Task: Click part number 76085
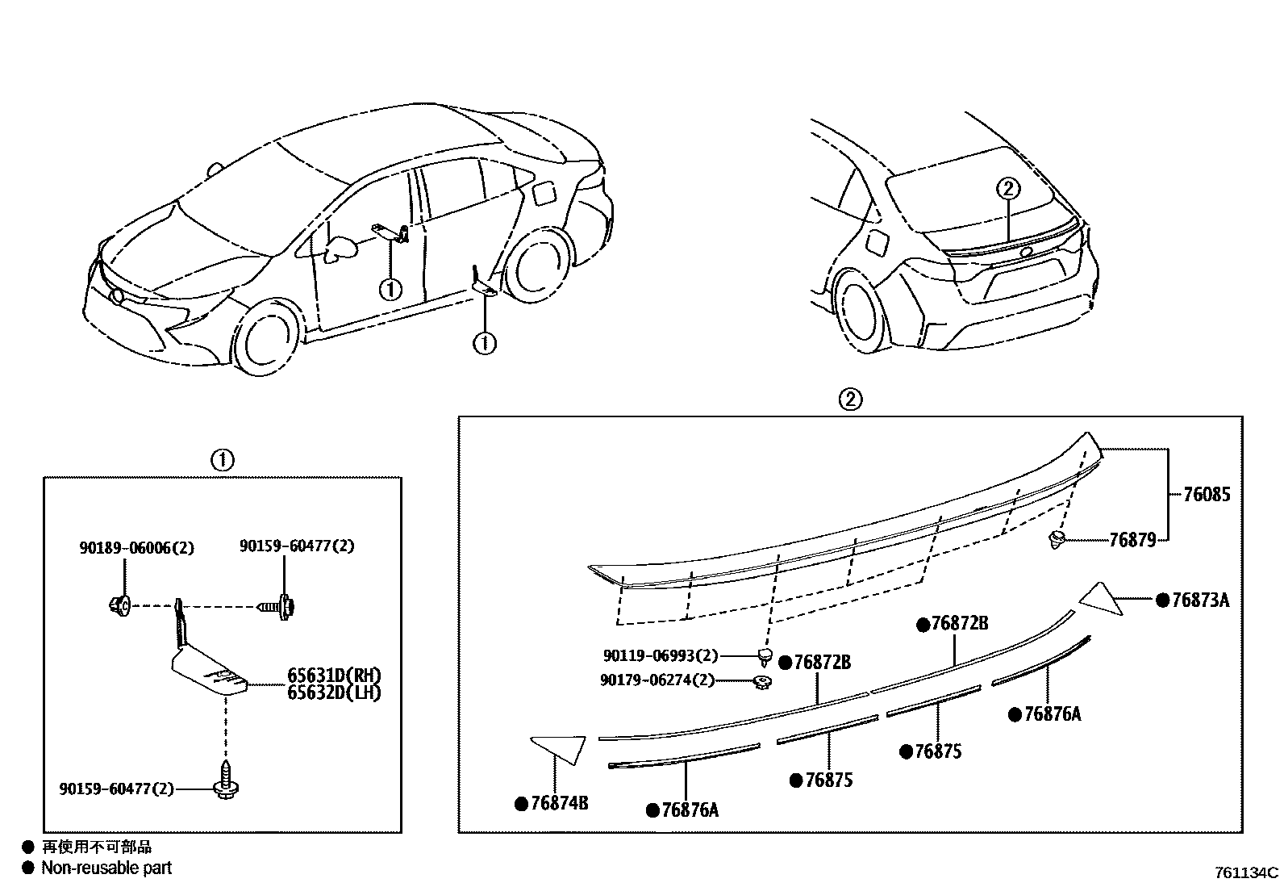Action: point(1207,494)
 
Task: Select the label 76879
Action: point(1132,540)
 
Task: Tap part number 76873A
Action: point(1200,600)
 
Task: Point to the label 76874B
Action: point(559,803)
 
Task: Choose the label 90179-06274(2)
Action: point(657,680)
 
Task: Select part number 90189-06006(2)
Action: point(137,548)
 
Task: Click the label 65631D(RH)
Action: point(334,676)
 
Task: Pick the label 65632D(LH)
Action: point(334,693)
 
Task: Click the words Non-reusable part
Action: point(106,868)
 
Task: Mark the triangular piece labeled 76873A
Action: point(1101,599)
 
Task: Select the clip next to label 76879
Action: point(1057,539)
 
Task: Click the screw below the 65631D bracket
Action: point(226,780)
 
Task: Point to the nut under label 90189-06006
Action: point(120,605)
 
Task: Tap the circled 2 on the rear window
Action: point(1008,188)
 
